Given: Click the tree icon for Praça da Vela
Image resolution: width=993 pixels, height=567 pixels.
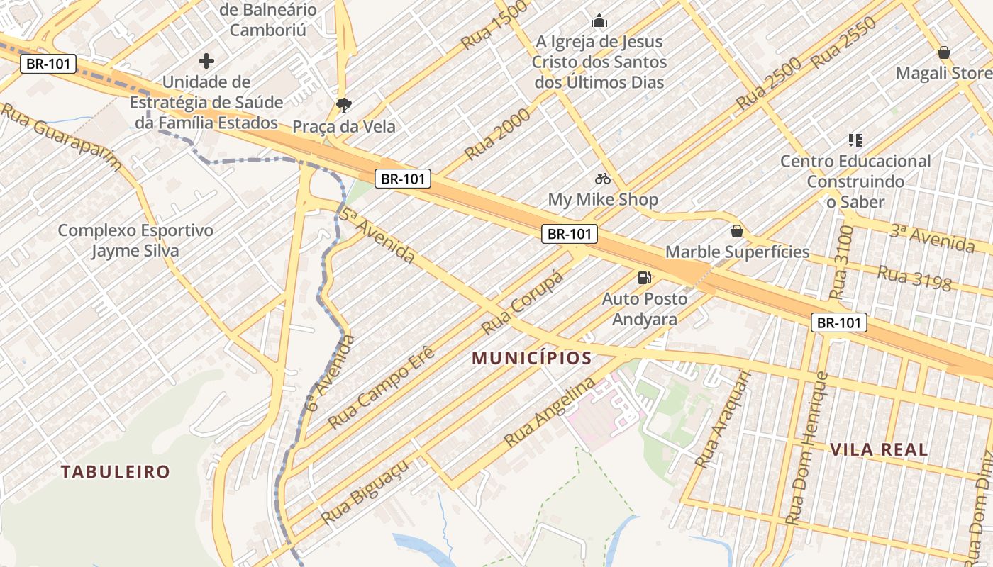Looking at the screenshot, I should tap(344, 106).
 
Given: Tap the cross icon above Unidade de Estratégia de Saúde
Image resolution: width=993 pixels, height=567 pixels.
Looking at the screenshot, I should tap(206, 61).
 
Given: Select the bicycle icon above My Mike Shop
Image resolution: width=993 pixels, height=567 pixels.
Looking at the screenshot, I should tap(603, 179).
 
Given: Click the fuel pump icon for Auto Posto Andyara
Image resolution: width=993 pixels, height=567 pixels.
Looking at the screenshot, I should tap(645, 278).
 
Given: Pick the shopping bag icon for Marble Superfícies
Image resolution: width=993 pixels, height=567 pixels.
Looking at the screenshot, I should tap(737, 231).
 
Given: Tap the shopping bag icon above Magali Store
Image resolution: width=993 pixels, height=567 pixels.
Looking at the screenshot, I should tap(944, 52).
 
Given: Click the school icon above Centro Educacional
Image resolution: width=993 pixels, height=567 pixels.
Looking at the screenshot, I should tap(855, 140).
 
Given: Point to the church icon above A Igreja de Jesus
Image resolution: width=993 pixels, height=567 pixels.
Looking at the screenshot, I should tap(599, 21).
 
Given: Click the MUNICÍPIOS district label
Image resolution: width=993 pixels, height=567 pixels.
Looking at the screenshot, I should tap(532, 359).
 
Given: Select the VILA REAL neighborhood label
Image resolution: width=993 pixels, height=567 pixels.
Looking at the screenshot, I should tap(878, 449).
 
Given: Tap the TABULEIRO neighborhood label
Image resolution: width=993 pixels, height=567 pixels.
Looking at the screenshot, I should tap(115, 472).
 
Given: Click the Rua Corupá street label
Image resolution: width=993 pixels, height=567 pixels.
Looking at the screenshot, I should tap(522, 303).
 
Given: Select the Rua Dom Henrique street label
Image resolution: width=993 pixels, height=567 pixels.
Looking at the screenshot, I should tap(808, 448).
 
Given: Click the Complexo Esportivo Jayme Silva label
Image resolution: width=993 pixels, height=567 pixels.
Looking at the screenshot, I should tap(135, 241).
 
